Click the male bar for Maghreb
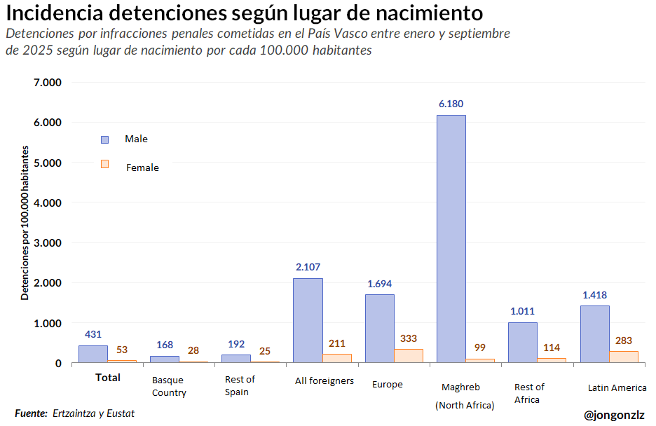(451, 238)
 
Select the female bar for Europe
(408, 355)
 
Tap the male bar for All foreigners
(308, 320)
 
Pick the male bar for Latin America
(594, 334)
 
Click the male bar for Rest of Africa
(522, 343)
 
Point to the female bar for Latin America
(624, 357)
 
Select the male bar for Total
(93, 354)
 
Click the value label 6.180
(451, 104)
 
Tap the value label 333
(408, 338)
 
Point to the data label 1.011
(522, 311)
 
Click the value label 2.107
(308, 267)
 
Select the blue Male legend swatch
(105, 139)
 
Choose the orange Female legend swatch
(105, 164)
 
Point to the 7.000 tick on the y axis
(48, 82)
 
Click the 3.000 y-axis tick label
(48, 242)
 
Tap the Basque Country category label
(168, 386)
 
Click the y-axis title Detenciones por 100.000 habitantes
(25, 223)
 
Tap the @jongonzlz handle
(614, 415)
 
